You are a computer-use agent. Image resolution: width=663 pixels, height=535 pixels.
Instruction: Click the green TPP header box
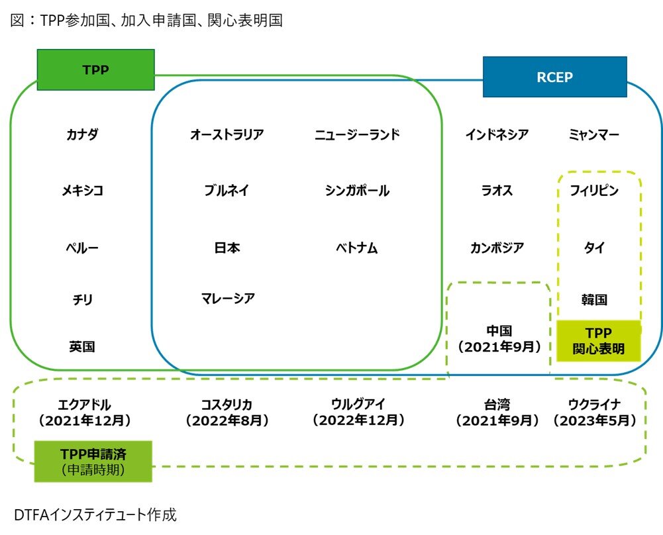point(95,70)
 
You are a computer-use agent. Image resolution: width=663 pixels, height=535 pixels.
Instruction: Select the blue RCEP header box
point(554,77)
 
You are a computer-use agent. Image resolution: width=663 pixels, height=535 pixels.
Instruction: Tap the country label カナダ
point(82,135)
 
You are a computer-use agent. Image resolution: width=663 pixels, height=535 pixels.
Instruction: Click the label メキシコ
point(82,191)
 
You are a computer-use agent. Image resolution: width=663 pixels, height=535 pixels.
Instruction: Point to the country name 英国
point(82,346)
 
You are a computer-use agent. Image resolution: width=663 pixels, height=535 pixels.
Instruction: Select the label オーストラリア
point(227,135)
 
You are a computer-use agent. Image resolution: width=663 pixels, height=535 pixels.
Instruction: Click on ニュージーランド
point(357,135)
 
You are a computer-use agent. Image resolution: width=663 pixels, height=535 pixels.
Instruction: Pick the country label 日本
point(227,248)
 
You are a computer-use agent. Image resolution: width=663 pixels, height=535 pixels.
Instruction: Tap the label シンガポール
point(357,191)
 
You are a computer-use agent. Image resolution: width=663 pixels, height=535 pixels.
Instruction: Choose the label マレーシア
point(227,298)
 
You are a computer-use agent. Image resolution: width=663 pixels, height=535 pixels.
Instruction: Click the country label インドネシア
point(497,135)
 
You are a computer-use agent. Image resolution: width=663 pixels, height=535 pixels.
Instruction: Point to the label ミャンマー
point(594,135)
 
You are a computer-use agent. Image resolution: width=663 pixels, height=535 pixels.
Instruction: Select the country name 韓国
point(594,300)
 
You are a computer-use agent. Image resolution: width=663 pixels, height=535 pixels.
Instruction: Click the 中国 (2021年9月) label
point(499,338)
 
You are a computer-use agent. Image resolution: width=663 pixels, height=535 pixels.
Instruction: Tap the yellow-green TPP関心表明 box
point(599,340)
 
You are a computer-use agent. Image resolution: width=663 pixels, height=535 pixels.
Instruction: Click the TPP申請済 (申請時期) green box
point(93,461)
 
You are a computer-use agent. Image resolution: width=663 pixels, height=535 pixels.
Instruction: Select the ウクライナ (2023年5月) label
point(594,412)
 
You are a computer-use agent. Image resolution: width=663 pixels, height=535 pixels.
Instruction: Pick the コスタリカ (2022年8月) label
point(227,412)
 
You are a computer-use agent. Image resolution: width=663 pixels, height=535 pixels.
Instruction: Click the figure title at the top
point(146,21)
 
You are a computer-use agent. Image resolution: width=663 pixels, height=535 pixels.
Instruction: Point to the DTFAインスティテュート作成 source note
point(95,514)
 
